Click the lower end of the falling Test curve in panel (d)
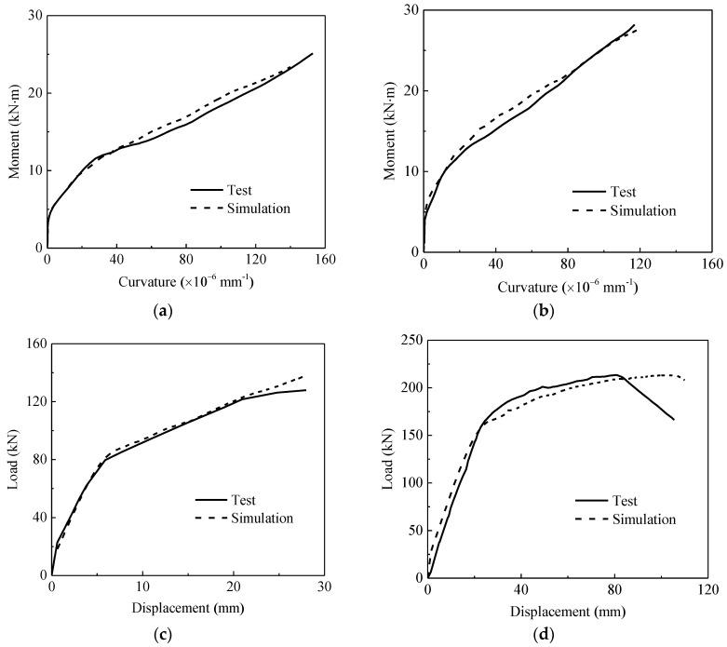674,420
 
